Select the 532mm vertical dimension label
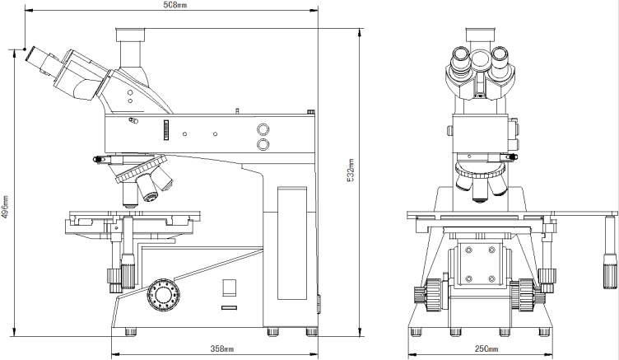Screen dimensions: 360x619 coord(350,170)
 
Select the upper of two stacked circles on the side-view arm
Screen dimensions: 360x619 coord(264,129)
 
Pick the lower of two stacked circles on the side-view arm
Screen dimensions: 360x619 coord(264,145)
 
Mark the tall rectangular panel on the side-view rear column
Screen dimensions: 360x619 coord(291,243)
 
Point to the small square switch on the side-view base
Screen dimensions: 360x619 coord(230,287)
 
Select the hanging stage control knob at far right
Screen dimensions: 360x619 coord(609,264)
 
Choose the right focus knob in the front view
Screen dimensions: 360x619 coord(525,295)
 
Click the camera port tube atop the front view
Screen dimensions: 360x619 coord(479,37)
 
